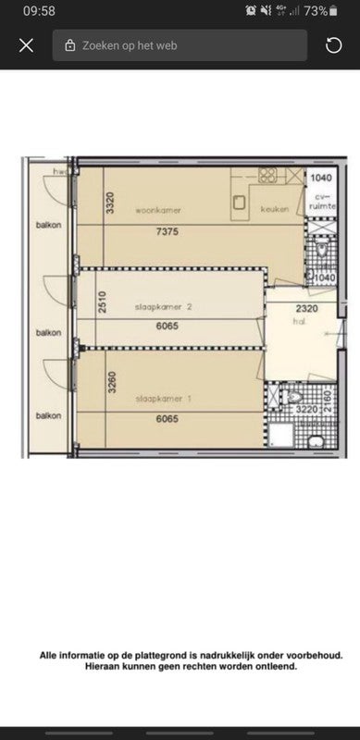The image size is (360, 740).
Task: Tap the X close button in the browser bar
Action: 27,45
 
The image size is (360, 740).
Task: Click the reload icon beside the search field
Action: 333,45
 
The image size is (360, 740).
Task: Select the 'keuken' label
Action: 275,210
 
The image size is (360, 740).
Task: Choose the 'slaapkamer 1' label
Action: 164,399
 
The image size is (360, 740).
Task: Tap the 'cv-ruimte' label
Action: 323,201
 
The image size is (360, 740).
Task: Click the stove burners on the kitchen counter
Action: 268,174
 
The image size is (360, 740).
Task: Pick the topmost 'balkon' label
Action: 48,225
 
